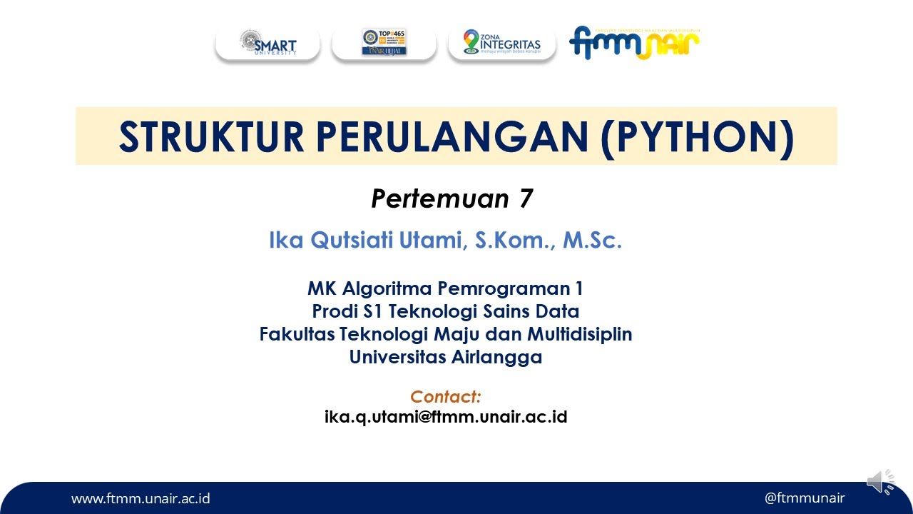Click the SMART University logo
tap(267, 44)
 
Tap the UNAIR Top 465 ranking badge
tap(384, 44)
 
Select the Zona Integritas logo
tap(501, 44)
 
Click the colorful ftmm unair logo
tap(634, 43)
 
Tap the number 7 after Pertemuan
tap(525, 199)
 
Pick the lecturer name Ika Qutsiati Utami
tap(365, 241)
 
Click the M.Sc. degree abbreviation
tap(592, 241)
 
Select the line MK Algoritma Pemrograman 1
tap(445, 288)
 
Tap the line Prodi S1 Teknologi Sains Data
tap(445, 311)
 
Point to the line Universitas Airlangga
tap(445, 357)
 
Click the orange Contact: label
tap(445, 397)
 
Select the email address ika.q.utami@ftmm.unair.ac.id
tap(445, 416)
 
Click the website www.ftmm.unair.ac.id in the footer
tap(141, 498)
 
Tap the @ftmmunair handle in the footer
tap(804, 498)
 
